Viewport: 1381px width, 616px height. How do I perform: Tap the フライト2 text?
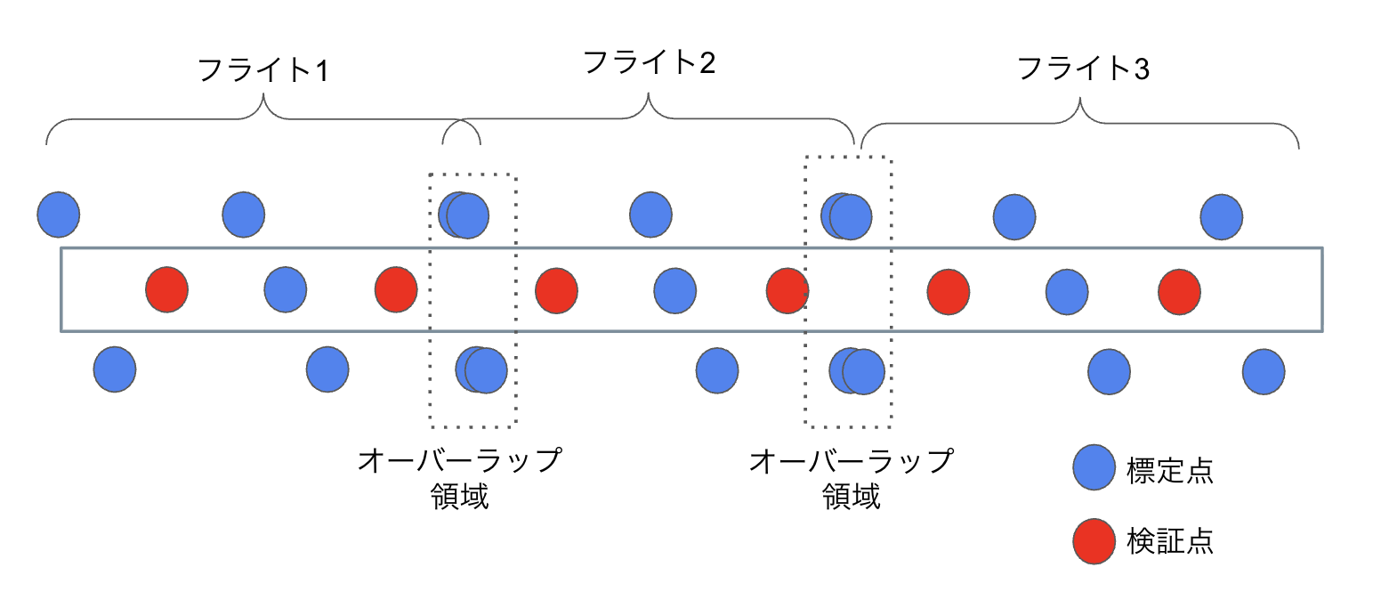[x=650, y=62]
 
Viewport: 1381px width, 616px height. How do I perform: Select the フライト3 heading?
[x=1083, y=69]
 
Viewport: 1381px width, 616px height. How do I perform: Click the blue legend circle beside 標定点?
[x=1094, y=468]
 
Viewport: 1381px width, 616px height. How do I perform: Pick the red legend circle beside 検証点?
[x=1094, y=541]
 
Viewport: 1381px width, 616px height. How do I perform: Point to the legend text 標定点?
[x=1169, y=470]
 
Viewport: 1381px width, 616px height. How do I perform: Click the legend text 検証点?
[x=1169, y=541]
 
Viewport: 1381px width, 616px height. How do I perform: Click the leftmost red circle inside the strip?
[x=166, y=290]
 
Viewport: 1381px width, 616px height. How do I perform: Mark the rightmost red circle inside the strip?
[x=1180, y=291]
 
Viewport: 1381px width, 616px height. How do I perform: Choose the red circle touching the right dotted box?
[x=787, y=291]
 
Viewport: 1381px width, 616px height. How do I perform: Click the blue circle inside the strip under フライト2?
[x=674, y=291]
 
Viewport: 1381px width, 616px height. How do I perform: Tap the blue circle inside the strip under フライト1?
[x=286, y=290]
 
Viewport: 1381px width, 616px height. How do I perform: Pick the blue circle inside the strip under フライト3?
[x=1066, y=291]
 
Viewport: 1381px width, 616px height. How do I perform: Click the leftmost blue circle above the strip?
[x=59, y=215]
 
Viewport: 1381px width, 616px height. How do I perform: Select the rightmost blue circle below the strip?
[x=1264, y=371]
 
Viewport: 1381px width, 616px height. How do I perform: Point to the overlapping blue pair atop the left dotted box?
[x=464, y=215]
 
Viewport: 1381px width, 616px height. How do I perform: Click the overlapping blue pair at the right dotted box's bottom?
[x=857, y=371]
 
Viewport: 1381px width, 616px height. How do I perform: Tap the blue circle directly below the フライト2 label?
[x=650, y=215]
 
